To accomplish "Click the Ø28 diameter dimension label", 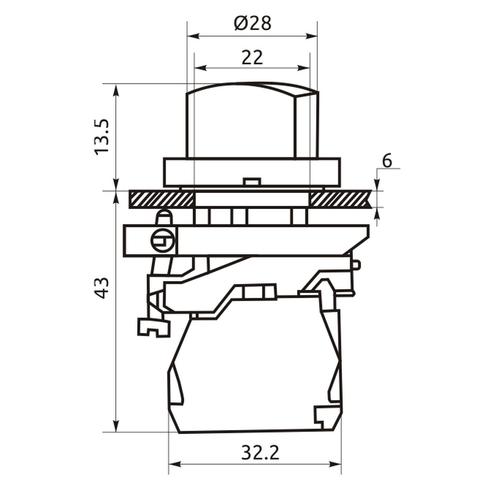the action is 253,23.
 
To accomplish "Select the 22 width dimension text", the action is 252,58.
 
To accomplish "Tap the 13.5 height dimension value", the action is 102,137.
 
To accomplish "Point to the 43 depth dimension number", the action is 102,288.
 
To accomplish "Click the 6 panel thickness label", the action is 387,161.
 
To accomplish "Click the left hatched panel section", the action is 162,199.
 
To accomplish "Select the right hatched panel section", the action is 340,199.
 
